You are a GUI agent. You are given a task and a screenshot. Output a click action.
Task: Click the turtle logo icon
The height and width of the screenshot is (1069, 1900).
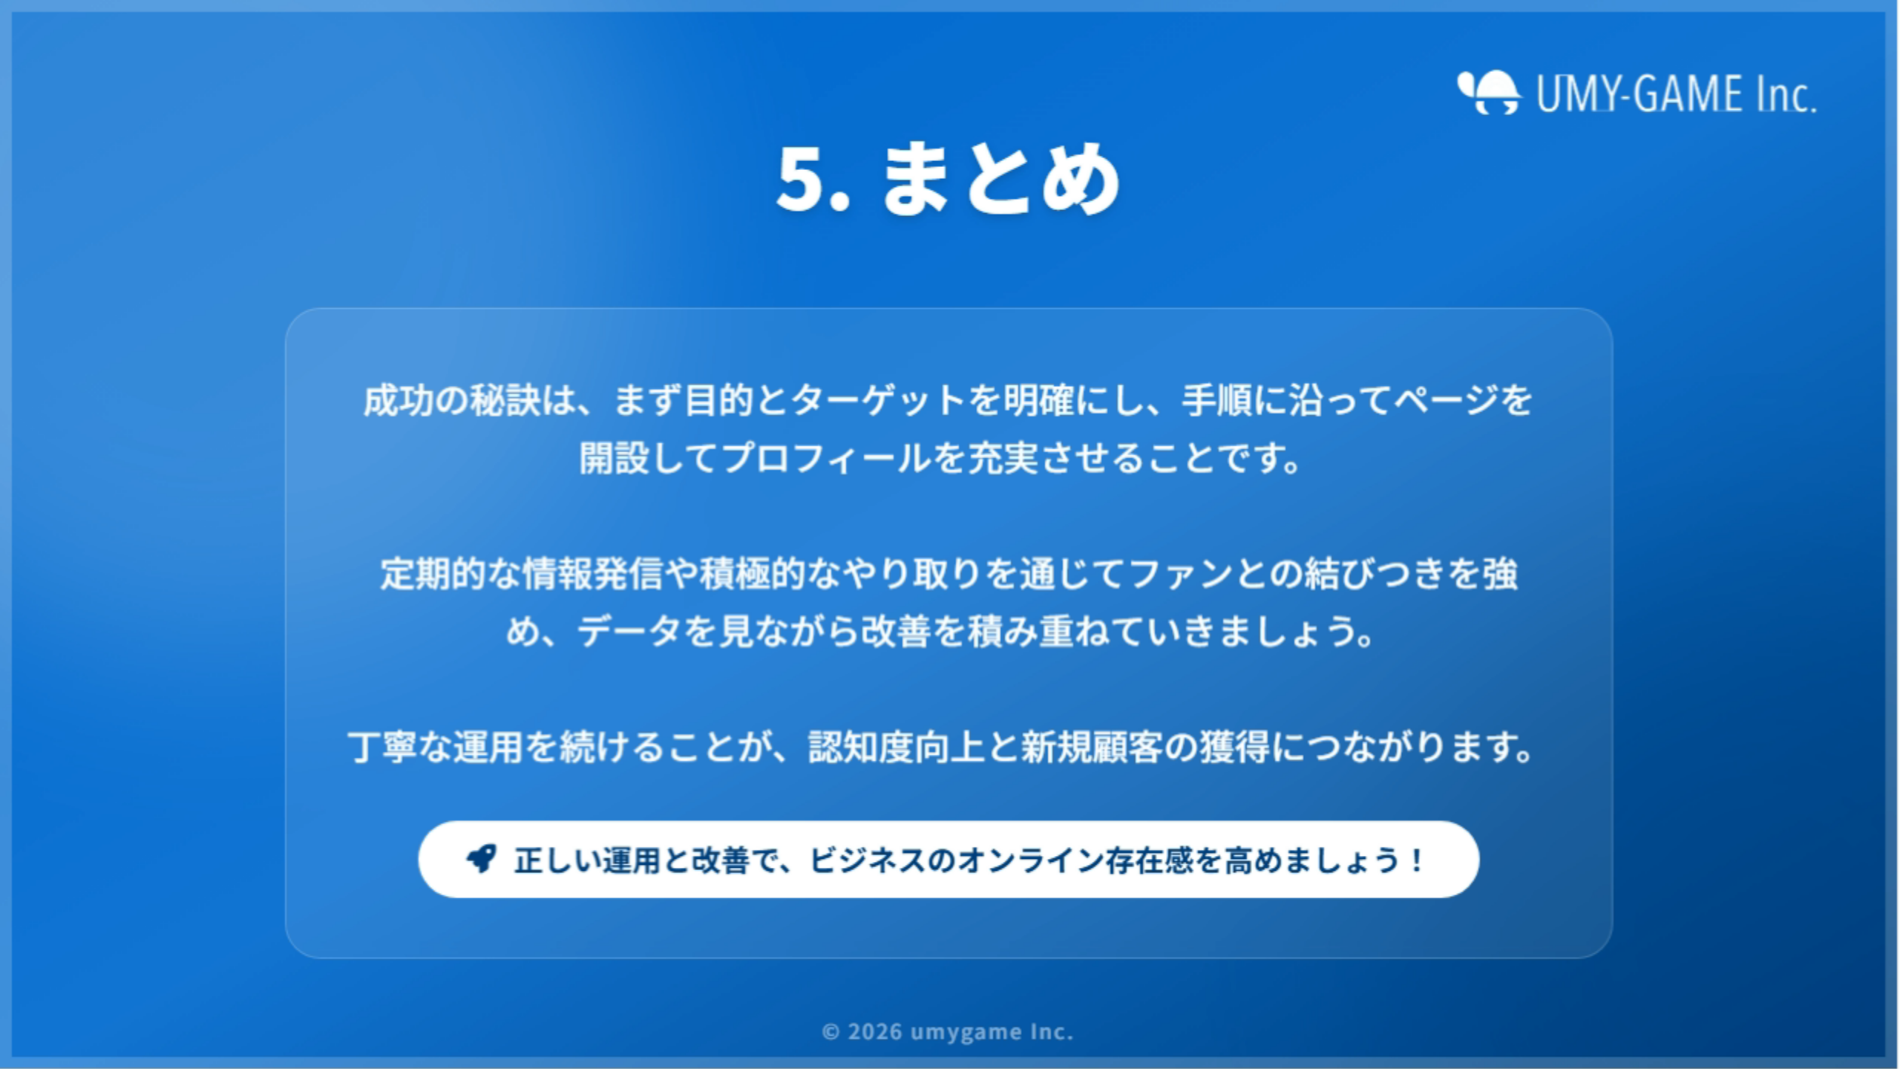click(1489, 93)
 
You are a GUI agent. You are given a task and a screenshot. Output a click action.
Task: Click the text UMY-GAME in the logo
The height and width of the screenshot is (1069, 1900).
click(1639, 94)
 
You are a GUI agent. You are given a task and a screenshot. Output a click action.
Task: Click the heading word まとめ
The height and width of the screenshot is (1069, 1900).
click(1000, 179)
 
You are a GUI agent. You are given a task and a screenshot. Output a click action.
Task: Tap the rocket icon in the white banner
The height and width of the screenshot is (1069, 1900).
click(481, 859)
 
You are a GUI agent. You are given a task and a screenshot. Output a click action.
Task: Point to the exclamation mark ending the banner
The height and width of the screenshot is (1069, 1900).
click(1417, 860)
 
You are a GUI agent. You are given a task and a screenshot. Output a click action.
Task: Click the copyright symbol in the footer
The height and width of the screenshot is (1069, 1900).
click(831, 1032)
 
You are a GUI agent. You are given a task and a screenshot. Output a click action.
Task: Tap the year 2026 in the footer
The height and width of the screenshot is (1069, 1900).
click(875, 1032)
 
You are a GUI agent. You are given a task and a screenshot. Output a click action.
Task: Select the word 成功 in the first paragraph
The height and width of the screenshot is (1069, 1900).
click(398, 400)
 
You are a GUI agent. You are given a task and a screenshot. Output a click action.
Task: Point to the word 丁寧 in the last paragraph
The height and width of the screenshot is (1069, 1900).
click(382, 747)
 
